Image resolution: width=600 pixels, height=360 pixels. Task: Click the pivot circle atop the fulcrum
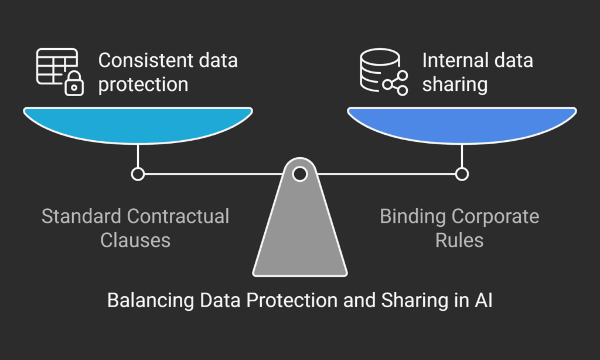click(299, 174)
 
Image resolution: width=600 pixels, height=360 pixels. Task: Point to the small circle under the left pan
click(138, 174)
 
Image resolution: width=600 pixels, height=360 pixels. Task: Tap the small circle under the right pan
click(462, 174)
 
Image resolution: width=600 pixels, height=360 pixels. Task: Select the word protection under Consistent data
click(143, 84)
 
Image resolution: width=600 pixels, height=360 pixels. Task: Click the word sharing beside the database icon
click(455, 84)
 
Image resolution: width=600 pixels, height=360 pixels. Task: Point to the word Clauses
click(135, 240)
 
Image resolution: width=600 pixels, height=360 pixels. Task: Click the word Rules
click(459, 240)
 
